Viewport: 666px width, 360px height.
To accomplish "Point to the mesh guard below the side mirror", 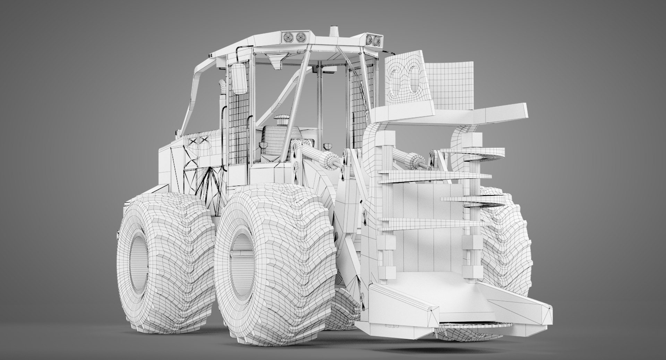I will [239, 125].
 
